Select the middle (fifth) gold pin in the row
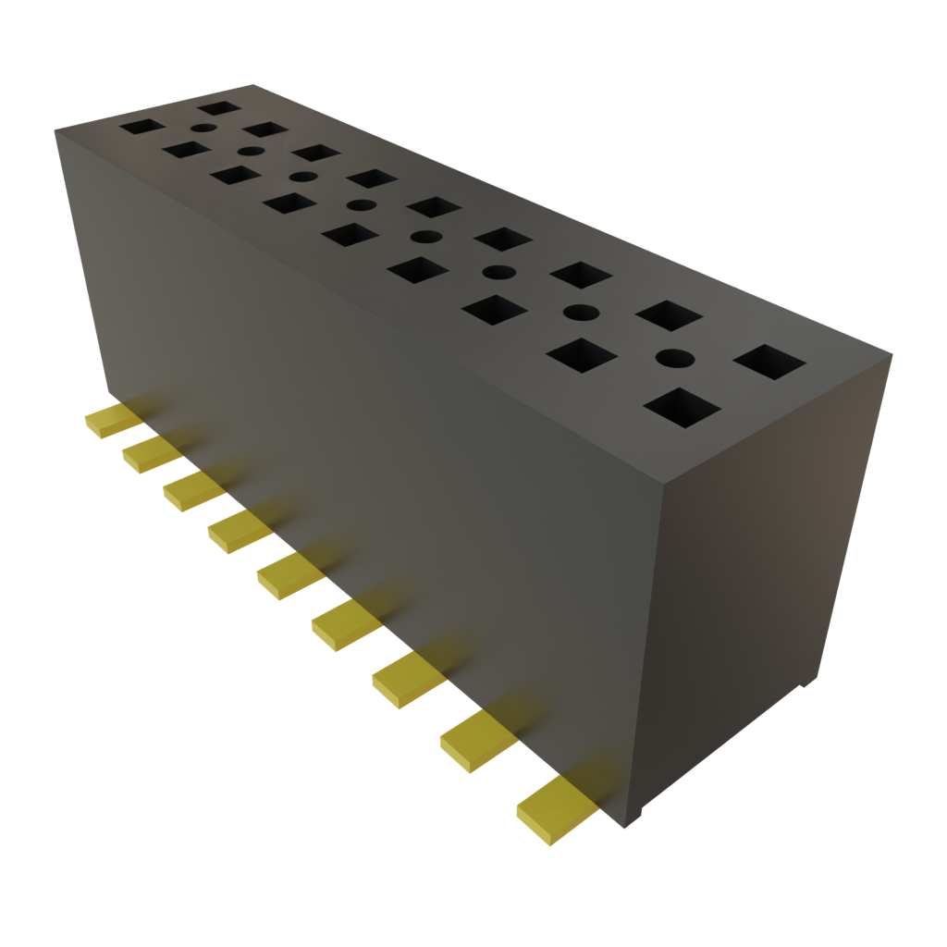[x=289, y=575]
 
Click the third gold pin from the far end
[x=193, y=489]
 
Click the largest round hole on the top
[x=675, y=357]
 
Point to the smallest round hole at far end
[x=203, y=129]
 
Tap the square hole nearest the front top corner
[x=683, y=408]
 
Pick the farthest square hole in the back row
[x=220, y=108]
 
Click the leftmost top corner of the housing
[x=55, y=130]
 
